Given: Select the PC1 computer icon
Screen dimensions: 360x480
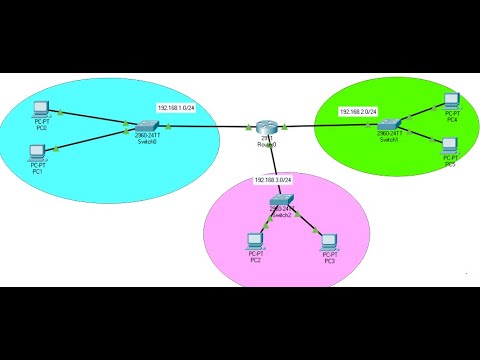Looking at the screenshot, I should [x=37, y=152].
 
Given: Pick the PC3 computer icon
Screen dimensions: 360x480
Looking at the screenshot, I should [x=328, y=240].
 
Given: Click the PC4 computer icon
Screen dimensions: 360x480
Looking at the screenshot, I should [x=451, y=100].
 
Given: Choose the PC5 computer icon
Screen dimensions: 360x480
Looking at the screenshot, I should [x=450, y=145].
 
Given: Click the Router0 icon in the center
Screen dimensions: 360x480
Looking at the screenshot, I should [x=264, y=127].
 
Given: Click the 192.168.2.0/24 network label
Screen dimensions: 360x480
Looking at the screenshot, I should [x=359, y=112].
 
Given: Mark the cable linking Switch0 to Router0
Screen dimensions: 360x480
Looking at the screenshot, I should [x=205, y=127].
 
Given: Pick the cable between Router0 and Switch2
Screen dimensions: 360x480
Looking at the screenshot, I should [x=271, y=165].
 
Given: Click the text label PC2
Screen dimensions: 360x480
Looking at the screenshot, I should [x=255, y=260].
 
